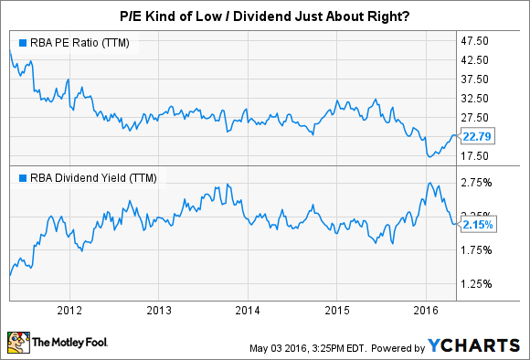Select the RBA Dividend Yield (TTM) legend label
[x=79, y=177]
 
